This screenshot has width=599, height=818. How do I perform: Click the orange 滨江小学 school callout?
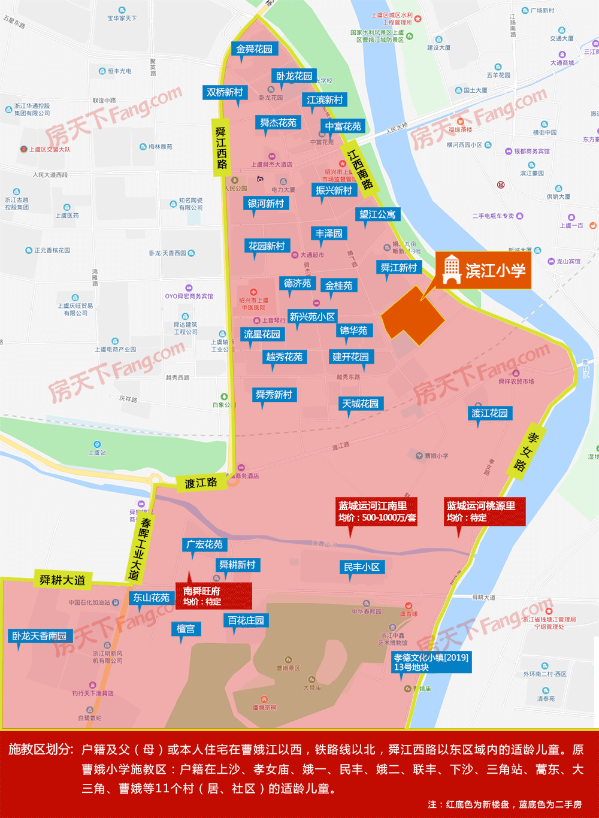(483, 271)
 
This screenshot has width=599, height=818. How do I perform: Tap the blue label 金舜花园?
(254, 49)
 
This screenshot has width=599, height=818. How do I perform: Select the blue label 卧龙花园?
(294, 76)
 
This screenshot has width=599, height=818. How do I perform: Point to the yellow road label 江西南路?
(360, 169)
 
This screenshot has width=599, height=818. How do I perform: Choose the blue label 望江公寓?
(377, 214)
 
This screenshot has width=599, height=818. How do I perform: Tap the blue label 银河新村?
(266, 204)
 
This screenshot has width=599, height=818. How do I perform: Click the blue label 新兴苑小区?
(312, 317)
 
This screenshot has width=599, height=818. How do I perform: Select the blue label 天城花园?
(361, 404)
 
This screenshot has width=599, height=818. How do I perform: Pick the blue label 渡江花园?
(489, 413)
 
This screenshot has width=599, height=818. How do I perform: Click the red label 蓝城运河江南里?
(377, 511)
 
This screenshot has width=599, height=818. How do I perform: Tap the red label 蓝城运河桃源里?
(485, 511)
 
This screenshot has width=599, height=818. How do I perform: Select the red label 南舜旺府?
(213, 596)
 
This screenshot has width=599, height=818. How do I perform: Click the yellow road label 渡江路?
(201, 483)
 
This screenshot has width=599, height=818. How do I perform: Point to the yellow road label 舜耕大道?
(62, 580)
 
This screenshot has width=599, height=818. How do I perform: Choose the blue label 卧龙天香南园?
(40, 636)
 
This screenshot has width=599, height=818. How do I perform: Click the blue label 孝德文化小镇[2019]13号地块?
(431, 662)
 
